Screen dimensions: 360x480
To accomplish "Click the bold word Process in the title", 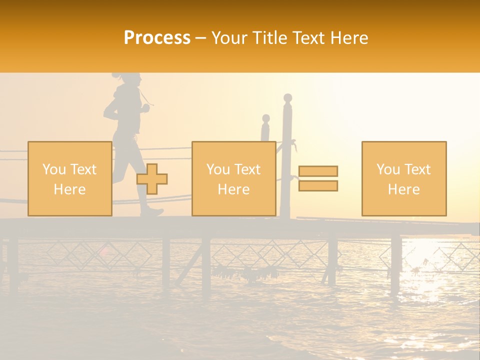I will click(x=157, y=38).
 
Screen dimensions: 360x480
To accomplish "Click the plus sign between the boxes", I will click(x=152, y=179).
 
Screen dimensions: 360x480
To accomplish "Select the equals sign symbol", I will click(x=318, y=178).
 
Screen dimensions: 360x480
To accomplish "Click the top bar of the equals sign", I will click(x=318, y=171).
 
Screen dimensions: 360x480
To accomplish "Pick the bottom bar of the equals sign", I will click(x=318, y=186).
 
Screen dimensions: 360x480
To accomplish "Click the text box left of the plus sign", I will click(x=69, y=178).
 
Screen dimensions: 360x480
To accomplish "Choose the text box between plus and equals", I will click(x=233, y=178).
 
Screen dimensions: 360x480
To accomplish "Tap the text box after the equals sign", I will click(x=403, y=178).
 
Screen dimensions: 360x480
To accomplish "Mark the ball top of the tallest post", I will click(x=287, y=97).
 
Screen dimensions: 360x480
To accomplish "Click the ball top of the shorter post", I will click(x=266, y=118).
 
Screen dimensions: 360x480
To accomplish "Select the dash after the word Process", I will click(x=201, y=38).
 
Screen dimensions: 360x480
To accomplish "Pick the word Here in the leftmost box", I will click(x=69, y=189).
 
